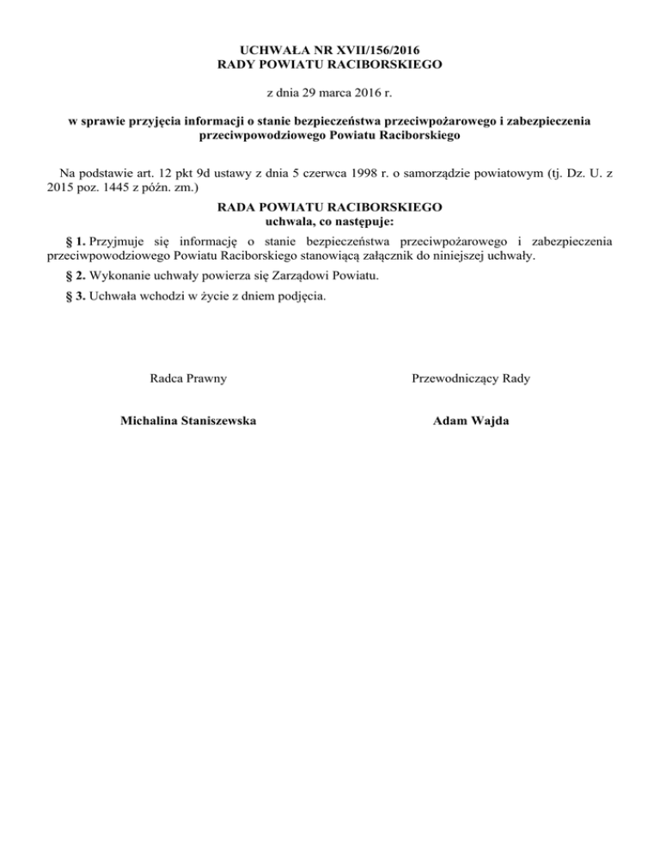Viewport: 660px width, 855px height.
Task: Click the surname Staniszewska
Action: pos(211,421)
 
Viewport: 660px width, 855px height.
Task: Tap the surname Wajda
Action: pos(490,421)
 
